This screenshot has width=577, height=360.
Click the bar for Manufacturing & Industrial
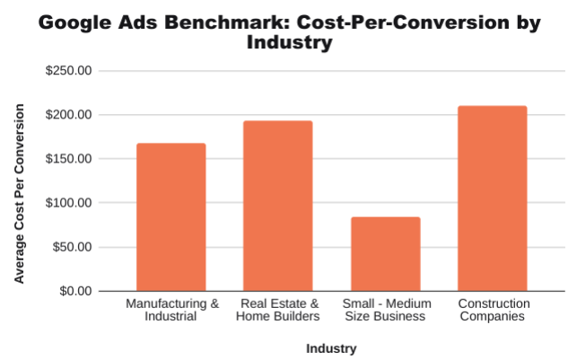(x=170, y=216)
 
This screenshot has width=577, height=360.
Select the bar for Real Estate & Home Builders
(x=278, y=206)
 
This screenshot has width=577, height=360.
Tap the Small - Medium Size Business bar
(x=385, y=254)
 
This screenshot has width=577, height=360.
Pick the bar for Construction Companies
(x=493, y=198)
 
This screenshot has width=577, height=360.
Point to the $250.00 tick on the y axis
(x=69, y=71)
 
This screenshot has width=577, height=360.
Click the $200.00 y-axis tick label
(x=69, y=115)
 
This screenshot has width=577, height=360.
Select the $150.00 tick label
(x=69, y=159)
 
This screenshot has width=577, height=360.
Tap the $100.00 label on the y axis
(x=69, y=203)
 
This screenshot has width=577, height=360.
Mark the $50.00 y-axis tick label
(x=72, y=247)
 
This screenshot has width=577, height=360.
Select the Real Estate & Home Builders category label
(x=279, y=310)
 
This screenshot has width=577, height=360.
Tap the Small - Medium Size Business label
(x=386, y=310)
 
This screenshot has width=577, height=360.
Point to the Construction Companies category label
(x=493, y=310)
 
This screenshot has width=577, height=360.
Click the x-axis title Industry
(x=331, y=348)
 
